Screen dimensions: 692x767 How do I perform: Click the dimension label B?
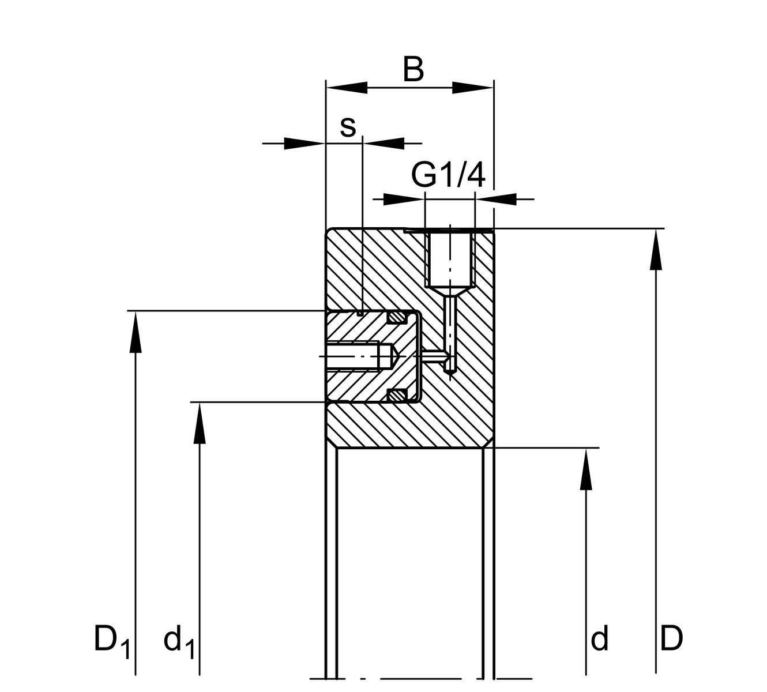point(413,69)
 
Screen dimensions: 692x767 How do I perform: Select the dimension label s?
point(348,126)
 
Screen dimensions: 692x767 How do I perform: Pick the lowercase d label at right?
point(600,639)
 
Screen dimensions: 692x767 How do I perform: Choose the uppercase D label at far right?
point(671,639)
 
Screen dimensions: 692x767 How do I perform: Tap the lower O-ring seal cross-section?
point(396,396)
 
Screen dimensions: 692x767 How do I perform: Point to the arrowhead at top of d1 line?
point(200,422)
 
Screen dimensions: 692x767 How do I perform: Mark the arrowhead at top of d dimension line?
point(586,468)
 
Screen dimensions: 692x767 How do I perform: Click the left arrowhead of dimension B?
point(346,88)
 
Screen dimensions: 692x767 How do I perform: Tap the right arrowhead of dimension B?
point(473,88)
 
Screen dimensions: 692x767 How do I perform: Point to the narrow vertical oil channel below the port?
point(450,332)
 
